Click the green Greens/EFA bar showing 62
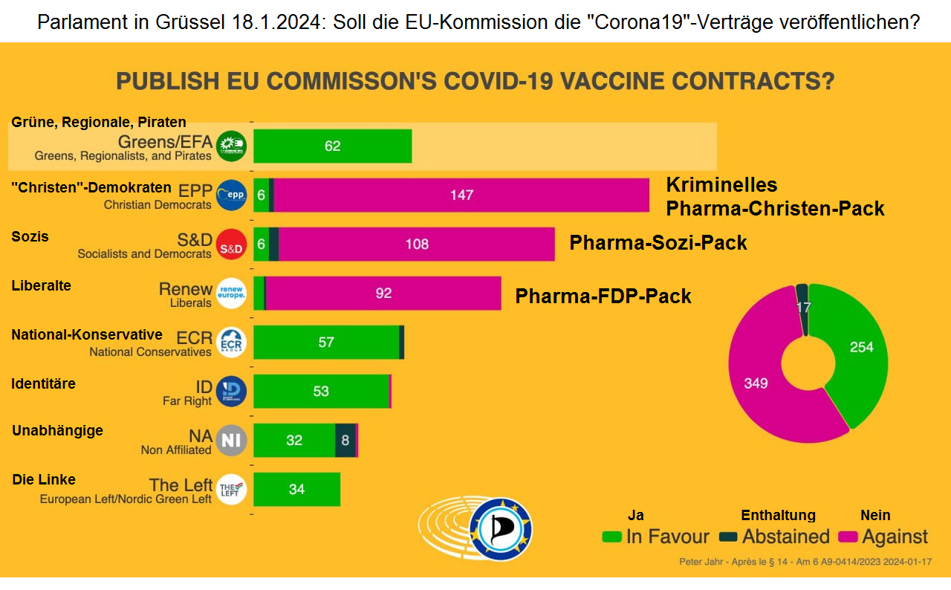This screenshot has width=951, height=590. click(332, 146)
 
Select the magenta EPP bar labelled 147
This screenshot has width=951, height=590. click(461, 195)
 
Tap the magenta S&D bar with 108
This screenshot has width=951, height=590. click(416, 244)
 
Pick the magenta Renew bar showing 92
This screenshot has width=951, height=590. click(383, 294)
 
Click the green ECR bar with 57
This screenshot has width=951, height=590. click(326, 343)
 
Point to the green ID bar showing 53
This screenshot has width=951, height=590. click(321, 392)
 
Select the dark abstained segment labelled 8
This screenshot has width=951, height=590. click(345, 441)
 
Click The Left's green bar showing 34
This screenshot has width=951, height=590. click(296, 490)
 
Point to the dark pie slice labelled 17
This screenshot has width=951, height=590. click(802, 306)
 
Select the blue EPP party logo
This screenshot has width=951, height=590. click(231, 195)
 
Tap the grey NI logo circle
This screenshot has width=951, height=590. click(231, 441)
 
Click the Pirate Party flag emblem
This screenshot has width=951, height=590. click(501, 529)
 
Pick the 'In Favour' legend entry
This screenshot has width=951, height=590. click(655, 536)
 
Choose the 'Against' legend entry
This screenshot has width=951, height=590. click(883, 536)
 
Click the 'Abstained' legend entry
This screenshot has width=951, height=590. click(774, 536)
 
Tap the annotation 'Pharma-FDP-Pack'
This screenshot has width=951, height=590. click(603, 296)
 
